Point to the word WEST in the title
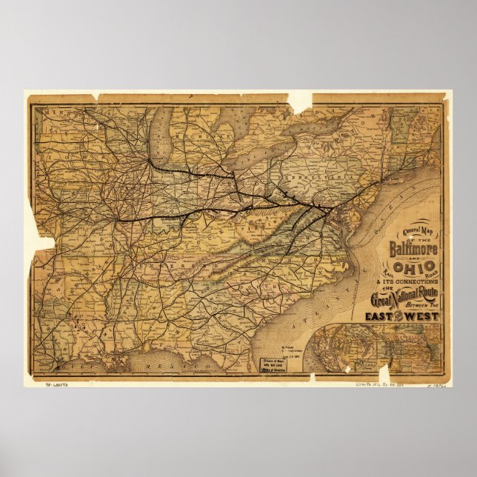coord(421,316)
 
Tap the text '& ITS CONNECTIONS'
coord(406,282)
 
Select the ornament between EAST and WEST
coord(401,317)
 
